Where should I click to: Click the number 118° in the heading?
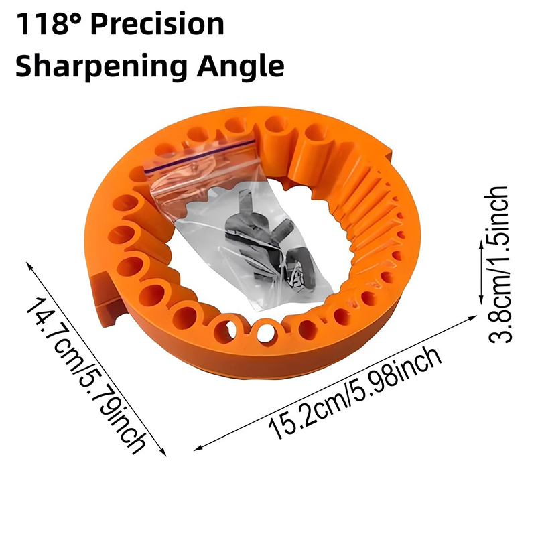(x=50, y=25)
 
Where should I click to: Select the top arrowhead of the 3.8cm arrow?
(x=479, y=245)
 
